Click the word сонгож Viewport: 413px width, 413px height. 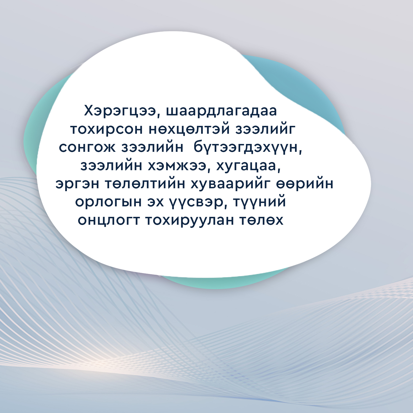(87, 148)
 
